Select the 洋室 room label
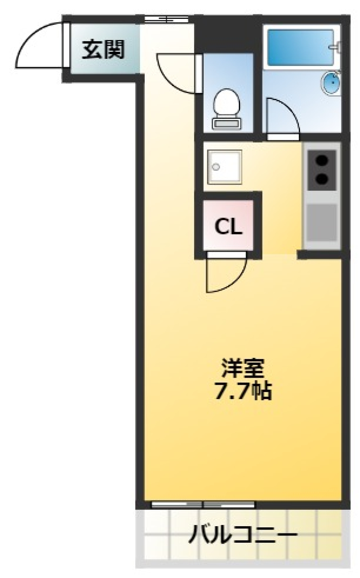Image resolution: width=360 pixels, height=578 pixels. click(x=243, y=368)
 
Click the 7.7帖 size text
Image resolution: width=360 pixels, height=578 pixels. click(x=243, y=391)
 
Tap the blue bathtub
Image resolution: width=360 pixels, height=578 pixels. click(x=300, y=47)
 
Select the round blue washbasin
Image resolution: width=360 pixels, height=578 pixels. click(x=331, y=83)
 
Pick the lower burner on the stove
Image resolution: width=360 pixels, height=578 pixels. click(x=322, y=179)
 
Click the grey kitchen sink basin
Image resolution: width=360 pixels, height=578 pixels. click(x=322, y=222)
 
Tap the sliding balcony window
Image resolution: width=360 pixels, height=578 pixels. click(x=203, y=504)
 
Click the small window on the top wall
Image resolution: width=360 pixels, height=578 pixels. click(x=166, y=19)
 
